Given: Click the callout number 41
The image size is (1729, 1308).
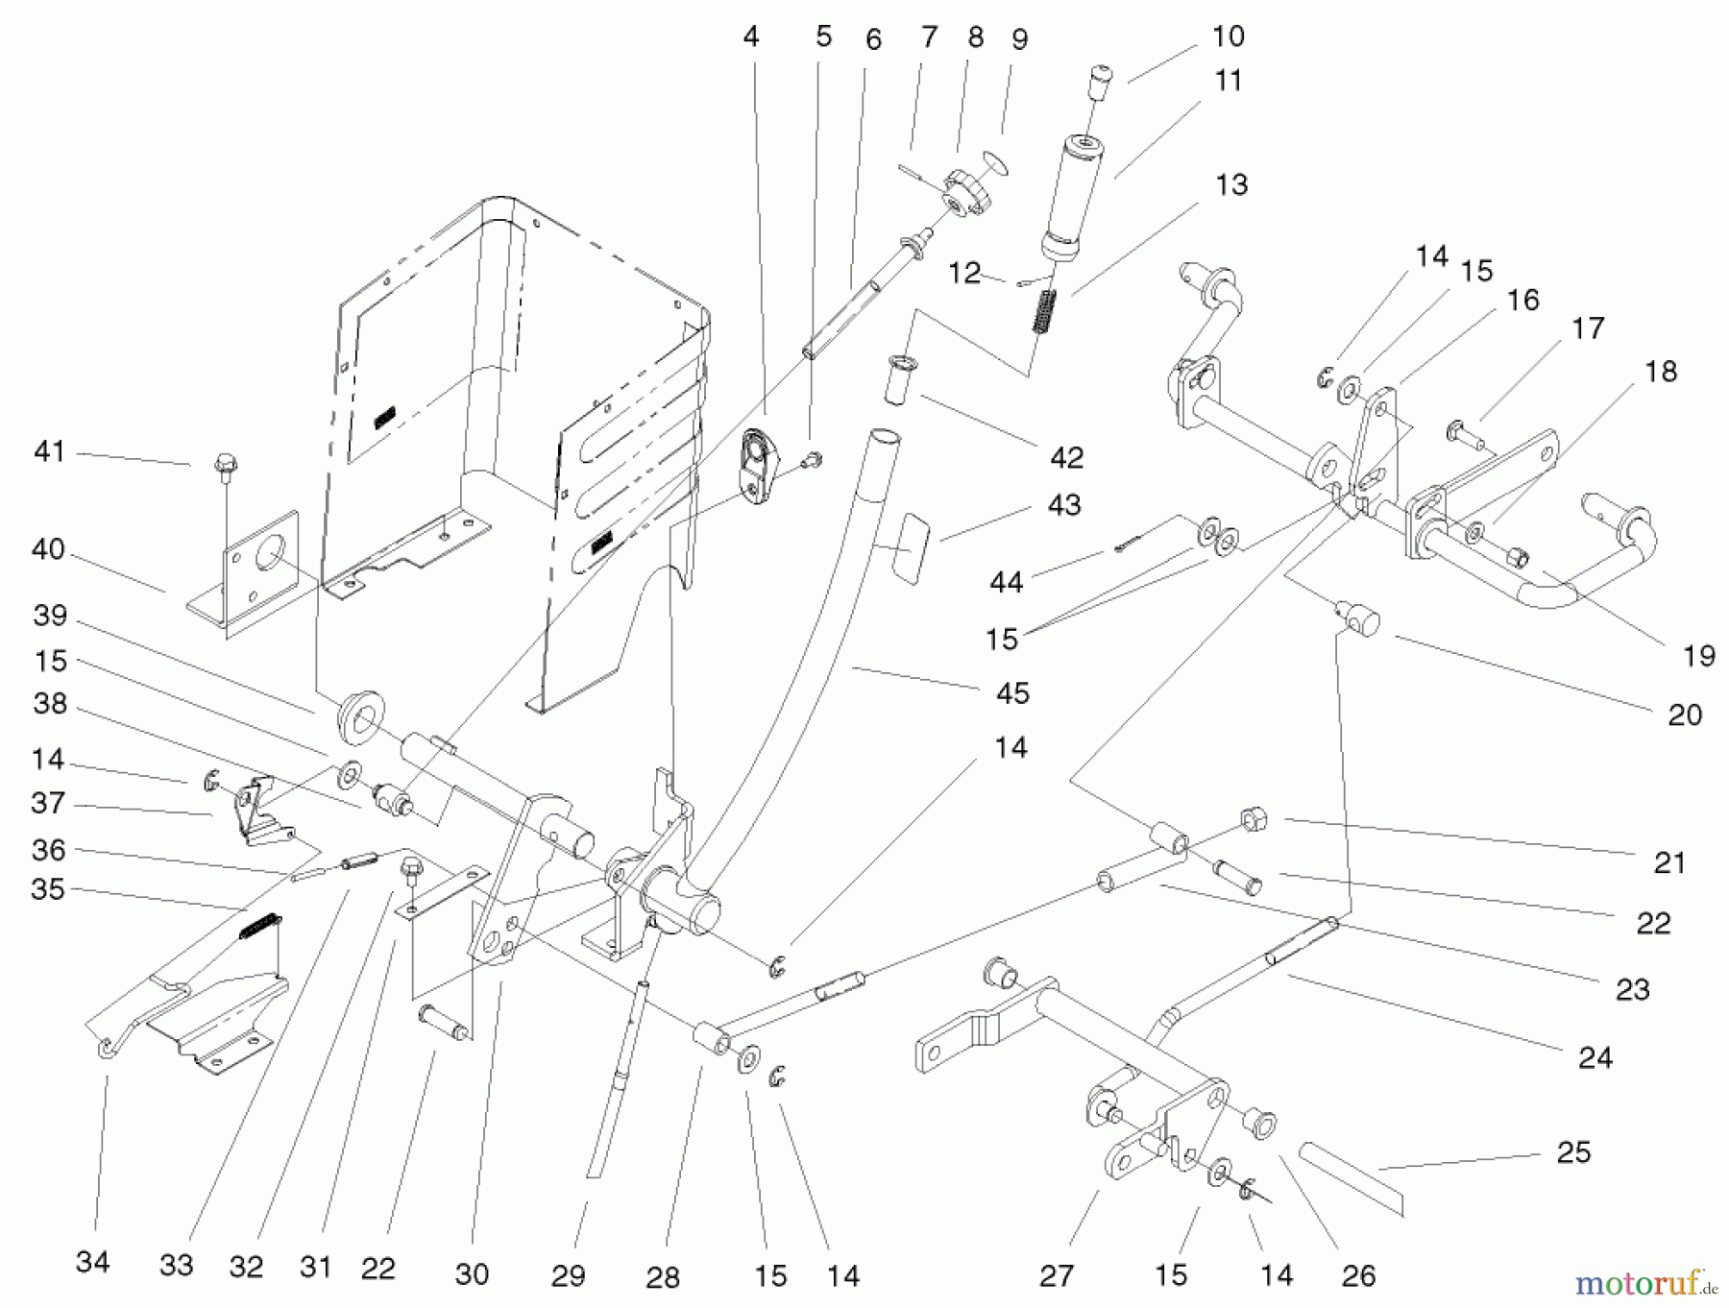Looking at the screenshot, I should tap(49, 450).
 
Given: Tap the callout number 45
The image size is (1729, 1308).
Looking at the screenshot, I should tap(1012, 692).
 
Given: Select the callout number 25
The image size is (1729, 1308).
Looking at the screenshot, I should tap(1573, 1151).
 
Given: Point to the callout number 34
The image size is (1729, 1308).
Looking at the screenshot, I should tap(92, 1261).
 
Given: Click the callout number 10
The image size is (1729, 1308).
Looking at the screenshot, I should tap(1229, 36).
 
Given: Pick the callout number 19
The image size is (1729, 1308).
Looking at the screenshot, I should tap(1699, 655).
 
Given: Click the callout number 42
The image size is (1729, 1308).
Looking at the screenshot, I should tap(1066, 457).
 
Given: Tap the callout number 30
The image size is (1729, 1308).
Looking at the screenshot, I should tap(471, 1273).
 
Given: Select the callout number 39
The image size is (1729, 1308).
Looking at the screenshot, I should tap(50, 615).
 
